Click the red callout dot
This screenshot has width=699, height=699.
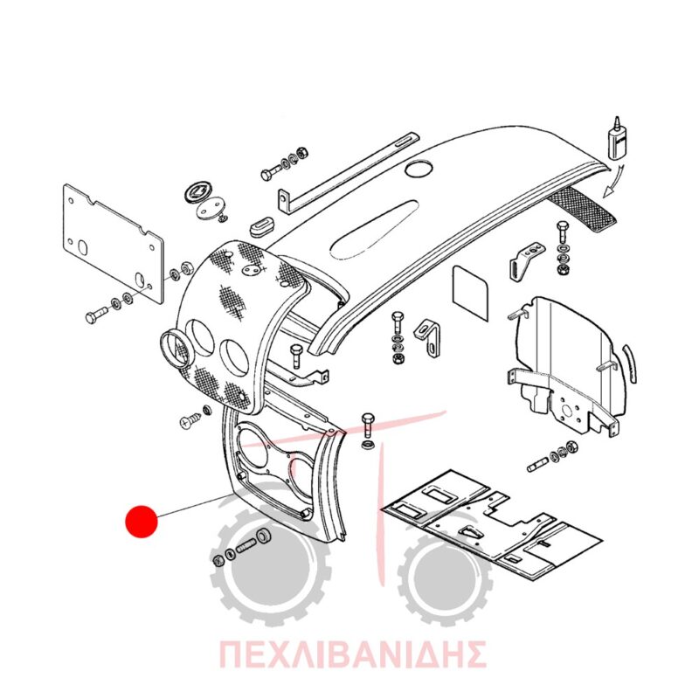click(x=142, y=521)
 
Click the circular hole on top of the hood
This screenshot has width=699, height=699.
click(x=419, y=169)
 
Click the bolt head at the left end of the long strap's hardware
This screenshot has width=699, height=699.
click(x=267, y=174)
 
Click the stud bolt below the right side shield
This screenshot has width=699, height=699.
click(x=537, y=466)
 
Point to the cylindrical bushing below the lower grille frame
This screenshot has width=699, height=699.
click(x=263, y=536)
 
